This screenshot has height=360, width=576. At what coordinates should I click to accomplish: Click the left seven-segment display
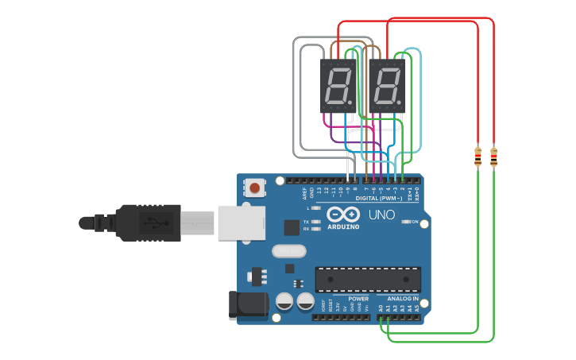click(x=338, y=86)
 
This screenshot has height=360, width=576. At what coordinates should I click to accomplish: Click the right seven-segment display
click(x=387, y=86)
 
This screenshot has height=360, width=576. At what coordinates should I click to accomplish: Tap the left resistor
click(x=477, y=157)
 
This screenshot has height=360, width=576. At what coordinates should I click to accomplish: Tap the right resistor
click(x=494, y=157)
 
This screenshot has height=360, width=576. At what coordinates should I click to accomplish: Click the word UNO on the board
click(x=371, y=215)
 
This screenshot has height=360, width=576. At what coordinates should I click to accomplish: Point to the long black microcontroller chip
click(x=367, y=280)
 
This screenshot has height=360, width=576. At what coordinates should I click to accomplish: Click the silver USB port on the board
click(x=240, y=222)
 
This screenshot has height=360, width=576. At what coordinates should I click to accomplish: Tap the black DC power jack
click(x=245, y=305)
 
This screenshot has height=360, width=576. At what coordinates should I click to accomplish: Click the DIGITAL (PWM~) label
click(x=379, y=198)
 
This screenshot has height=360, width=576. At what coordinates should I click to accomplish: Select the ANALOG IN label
click(x=403, y=299)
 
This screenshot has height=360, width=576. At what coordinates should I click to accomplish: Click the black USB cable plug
click(x=151, y=222)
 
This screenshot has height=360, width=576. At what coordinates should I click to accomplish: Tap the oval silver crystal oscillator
click(x=288, y=252)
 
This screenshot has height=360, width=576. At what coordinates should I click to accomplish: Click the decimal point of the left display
click(x=354, y=104)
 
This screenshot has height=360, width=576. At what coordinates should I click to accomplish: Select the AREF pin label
click(x=304, y=192)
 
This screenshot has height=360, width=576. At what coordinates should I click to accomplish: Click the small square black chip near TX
click(x=292, y=226)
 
